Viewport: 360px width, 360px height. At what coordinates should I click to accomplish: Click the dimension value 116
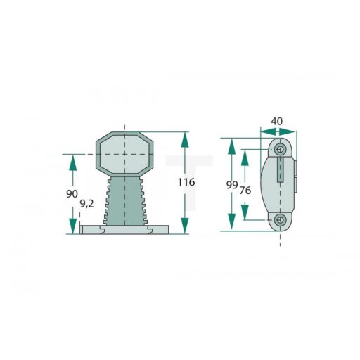click(x=186, y=182)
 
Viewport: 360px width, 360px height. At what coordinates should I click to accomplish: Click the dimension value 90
click(x=72, y=193)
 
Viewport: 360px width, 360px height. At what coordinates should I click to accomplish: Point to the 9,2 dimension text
click(x=87, y=204)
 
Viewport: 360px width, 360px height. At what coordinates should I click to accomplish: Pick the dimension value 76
click(x=245, y=191)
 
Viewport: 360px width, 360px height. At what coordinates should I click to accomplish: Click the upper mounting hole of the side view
click(x=281, y=150)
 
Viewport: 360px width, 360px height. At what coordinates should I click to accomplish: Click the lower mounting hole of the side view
click(x=281, y=221)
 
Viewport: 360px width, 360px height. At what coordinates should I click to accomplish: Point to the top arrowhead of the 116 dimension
click(x=186, y=139)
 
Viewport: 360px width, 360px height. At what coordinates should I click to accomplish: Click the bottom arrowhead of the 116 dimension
click(x=186, y=225)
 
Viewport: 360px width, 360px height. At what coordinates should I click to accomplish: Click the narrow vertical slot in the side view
click(x=281, y=169)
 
